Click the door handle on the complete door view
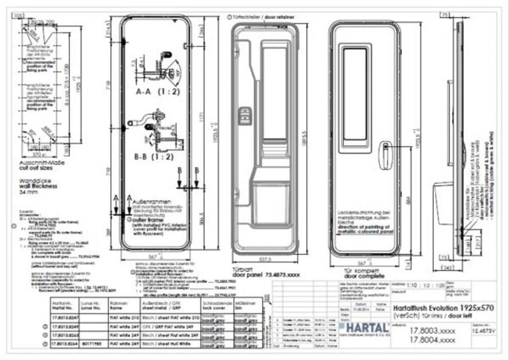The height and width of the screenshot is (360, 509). click(384, 155)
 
